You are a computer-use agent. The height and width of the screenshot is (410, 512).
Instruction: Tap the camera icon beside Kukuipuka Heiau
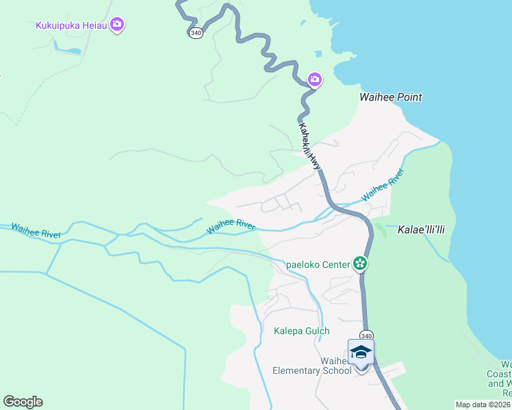pos(117,25)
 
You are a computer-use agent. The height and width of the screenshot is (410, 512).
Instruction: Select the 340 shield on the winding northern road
pos(196,33)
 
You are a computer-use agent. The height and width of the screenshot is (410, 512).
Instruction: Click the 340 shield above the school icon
pos(366,335)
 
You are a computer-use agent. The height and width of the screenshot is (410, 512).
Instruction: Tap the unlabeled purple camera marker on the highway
pos(315,80)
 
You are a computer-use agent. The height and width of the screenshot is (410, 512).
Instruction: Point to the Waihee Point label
pos(391,97)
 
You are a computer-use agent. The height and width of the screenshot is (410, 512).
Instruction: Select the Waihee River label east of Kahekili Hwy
pos(383,185)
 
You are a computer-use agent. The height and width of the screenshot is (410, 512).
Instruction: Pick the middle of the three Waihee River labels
pos(231,225)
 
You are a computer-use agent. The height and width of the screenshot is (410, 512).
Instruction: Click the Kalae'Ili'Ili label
pos(422,230)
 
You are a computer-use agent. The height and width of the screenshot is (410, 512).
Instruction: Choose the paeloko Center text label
pos(318,264)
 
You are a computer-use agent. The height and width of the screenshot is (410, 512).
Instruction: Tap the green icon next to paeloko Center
pos(360,263)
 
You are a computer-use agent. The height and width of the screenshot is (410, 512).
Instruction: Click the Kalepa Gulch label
pos(302,331)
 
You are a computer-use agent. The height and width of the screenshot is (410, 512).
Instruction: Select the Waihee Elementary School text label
pos(312,366)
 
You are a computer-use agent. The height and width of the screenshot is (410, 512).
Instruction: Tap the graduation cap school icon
pos(361,352)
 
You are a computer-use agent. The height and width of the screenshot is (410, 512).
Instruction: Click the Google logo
pos(23,402)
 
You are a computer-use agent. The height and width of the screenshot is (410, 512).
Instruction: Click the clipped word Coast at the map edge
pos(506,374)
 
